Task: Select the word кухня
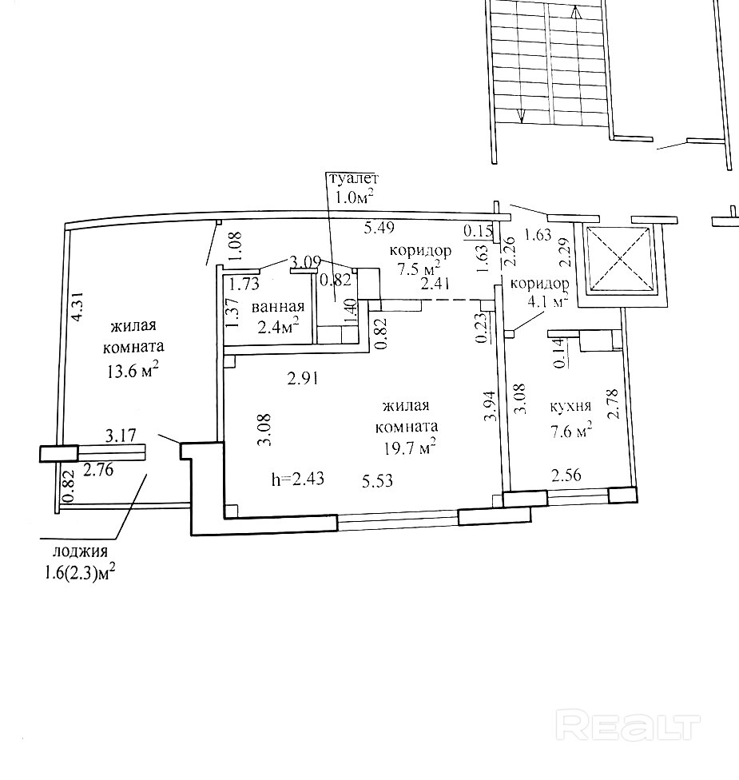tap(570, 407)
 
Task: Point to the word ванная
tap(277, 306)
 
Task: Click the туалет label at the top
tap(352, 178)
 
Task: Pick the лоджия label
tap(80, 552)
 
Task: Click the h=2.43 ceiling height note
tap(298, 479)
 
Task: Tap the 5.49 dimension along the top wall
tap(379, 228)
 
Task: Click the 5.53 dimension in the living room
tap(377, 481)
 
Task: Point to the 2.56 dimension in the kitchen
tap(566, 475)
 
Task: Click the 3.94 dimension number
tap(491, 406)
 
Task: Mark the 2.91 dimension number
tap(303, 379)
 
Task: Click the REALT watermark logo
tap(629, 727)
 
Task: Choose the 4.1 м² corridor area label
tap(546, 301)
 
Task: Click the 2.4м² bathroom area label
tap(278, 327)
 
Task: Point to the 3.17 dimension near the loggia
tap(121, 436)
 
